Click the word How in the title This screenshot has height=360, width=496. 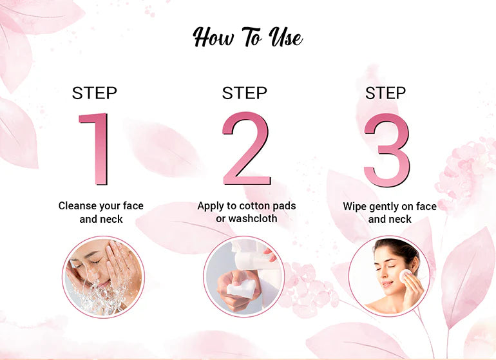point(214,37)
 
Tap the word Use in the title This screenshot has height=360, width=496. point(285,37)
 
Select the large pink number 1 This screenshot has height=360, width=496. point(94,149)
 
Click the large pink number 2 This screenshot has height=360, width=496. point(247,148)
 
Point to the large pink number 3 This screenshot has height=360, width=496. point(387,150)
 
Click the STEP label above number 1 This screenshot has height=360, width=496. point(95,93)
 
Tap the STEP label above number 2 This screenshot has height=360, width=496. point(245,93)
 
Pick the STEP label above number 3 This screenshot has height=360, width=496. point(386,93)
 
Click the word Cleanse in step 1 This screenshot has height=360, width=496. point(77,205)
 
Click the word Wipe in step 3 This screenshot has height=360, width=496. point(354,207)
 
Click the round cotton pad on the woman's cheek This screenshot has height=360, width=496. point(406,276)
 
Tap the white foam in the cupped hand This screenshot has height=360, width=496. point(241,288)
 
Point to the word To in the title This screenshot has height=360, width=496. point(251,36)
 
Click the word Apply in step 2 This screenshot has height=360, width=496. point(211,206)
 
